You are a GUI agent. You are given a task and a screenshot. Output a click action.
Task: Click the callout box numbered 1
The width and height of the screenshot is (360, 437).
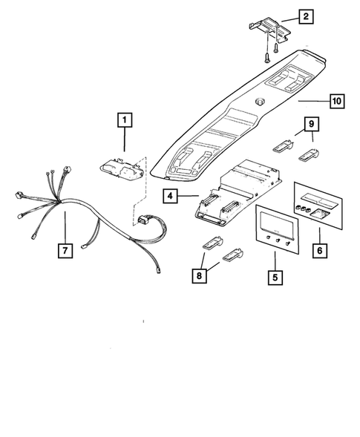coord(124,119)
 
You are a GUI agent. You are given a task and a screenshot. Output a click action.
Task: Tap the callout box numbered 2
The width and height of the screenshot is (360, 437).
coord(307,15)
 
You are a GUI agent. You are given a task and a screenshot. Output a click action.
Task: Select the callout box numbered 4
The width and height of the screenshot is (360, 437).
coord(171,197)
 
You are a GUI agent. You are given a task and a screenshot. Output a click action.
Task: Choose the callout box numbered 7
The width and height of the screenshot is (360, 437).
coord(65,251)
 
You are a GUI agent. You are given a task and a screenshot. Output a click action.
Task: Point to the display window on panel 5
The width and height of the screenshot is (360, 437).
coord(276,223)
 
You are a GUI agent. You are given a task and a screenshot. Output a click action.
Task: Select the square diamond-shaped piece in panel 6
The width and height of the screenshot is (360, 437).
coord(321,214)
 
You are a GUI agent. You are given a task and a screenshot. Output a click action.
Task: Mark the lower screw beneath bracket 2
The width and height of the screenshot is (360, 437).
coord(265,55)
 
